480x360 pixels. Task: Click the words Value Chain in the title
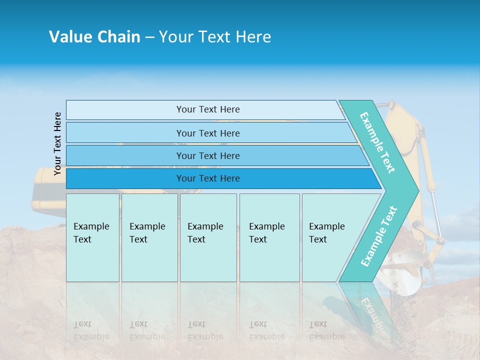(x=94, y=37)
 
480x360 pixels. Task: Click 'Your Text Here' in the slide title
(x=215, y=37)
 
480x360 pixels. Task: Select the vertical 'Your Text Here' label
(x=57, y=143)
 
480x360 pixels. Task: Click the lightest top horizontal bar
(x=207, y=109)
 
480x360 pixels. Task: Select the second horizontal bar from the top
(x=207, y=133)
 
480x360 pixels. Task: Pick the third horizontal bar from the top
(x=207, y=155)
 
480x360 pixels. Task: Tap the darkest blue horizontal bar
(x=207, y=178)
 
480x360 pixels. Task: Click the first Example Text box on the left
(x=92, y=237)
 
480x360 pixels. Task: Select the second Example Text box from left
(x=149, y=237)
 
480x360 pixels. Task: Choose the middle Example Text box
(x=208, y=237)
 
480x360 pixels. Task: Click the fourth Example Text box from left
(x=269, y=237)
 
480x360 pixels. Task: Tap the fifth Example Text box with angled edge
(x=330, y=237)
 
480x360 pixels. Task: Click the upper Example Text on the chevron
(x=377, y=142)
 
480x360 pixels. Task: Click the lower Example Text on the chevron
(x=379, y=236)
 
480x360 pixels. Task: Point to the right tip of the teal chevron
(x=417, y=190)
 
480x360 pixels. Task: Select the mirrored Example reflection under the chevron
(x=372, y=310)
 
